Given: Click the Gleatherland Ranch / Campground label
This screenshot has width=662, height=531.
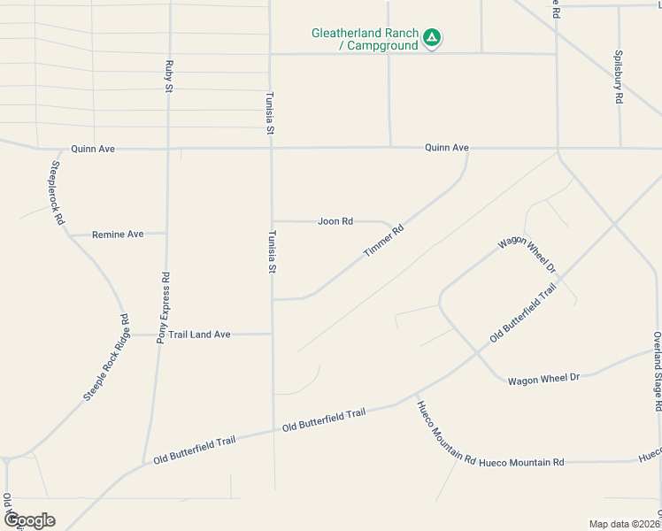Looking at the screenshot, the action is (364, 39).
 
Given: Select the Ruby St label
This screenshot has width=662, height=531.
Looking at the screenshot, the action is (168, 76).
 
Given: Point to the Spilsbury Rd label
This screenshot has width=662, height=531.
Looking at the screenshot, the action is (618, 78).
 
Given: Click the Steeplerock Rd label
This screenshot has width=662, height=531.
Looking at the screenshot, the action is (57, 192).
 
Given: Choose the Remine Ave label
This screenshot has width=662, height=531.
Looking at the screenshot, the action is (119, 235).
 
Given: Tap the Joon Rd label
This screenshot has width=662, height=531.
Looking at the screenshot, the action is (335, 221).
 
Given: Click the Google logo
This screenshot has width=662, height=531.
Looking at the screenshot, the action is (29, 520).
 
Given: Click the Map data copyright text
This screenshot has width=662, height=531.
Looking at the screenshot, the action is (624, 524).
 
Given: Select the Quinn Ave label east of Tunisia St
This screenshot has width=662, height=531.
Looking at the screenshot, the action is (446, 148).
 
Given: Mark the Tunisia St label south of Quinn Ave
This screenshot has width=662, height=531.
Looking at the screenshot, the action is (273, 251).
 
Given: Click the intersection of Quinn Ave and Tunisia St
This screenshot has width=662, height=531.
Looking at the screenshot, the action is (271, 148).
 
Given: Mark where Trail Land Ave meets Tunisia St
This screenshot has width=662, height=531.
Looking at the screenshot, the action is (272, 334).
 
